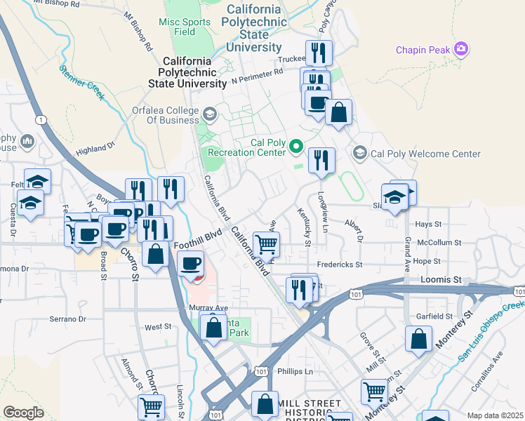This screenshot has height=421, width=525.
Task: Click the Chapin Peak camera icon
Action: [x=461, y=49]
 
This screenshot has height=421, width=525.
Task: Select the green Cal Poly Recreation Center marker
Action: [x=296, y=147]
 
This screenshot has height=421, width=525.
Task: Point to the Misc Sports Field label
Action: [x=185, y=27]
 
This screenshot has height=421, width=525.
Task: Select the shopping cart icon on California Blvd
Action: [x=266, y=244]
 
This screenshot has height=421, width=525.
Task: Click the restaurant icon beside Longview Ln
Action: [x=321, y=160]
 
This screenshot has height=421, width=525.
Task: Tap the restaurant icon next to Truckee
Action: [x=319, y=52]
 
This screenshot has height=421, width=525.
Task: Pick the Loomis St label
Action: [x=441, y=279]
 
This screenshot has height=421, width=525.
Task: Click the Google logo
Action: [x=24, y=413]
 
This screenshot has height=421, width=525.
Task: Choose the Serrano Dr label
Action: [x=67, y=319]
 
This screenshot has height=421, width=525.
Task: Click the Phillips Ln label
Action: [x=294, y=371]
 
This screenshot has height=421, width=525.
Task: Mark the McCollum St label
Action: [x=439, y=243]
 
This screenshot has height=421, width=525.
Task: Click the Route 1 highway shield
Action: [x=42, y=121]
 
